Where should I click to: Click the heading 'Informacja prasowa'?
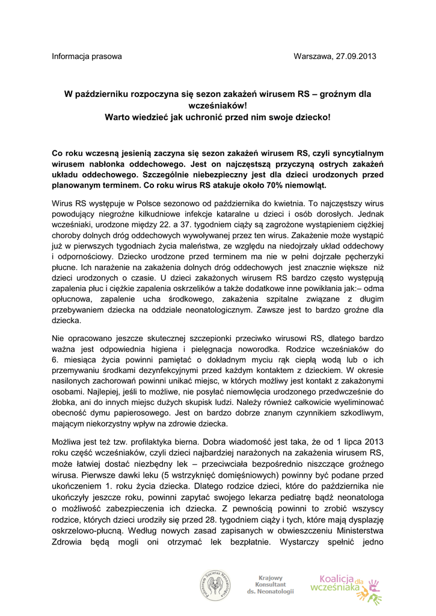(x=87, y=57)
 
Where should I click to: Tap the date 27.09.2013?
(x=355, y=57)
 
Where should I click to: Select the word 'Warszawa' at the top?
(x=312, y=57)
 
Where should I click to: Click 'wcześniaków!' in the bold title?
(x=218, y=105)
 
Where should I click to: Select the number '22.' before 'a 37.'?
(x=176, y=224)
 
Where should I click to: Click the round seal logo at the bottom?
(x=216, y=585)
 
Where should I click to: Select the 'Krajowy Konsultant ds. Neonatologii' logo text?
(x=270, y=584)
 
